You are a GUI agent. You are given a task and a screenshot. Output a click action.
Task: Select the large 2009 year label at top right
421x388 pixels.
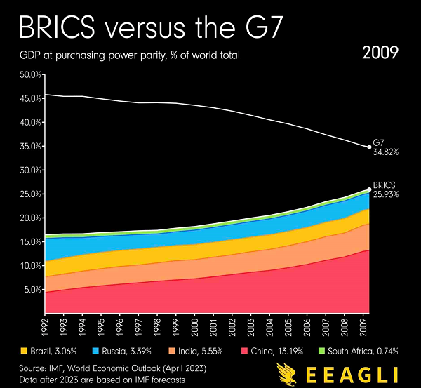pos(381,53)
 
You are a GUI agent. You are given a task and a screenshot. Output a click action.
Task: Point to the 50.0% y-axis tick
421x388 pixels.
pos(30,74)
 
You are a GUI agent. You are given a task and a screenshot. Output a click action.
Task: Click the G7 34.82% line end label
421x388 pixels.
pos(385,147)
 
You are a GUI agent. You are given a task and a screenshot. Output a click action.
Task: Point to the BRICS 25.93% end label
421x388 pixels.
pos(386,189)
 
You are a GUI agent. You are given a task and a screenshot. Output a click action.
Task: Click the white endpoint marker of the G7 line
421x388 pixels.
pos(370,147)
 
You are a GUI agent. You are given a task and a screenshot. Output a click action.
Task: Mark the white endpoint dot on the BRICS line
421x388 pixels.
pos(370,189)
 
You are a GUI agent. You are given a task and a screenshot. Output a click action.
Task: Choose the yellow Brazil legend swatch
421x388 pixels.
pos(23,349)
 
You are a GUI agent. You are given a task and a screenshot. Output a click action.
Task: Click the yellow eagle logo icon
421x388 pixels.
pos(288,374)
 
